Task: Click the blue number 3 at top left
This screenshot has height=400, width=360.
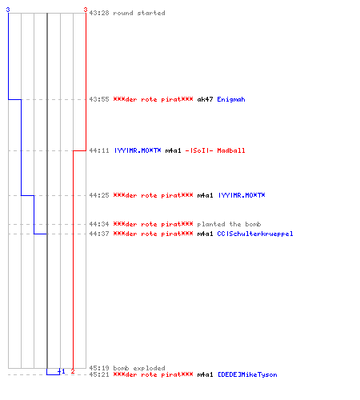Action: [8, 10]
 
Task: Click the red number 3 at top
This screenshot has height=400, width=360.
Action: [86, 10]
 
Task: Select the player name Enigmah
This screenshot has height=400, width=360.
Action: [231, 99]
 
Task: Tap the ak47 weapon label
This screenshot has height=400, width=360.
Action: [205, 99]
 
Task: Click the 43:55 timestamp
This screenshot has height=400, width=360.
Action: [99, 99]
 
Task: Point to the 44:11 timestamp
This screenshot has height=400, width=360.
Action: [99, 150]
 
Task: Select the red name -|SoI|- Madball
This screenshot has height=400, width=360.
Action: [215, 150]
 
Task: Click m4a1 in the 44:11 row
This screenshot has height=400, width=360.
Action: [173, 150]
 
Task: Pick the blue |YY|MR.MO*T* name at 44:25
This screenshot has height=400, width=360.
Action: [242, 195]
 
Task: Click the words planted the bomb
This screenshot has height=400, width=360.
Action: [229, 224]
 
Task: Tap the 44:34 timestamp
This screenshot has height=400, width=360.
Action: [99, 224]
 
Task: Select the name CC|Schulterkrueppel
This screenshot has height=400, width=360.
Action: [255, 234]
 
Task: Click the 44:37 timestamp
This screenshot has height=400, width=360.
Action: [99, 234]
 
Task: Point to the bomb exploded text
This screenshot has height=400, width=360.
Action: [139, 368]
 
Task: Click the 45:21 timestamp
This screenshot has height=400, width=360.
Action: [99, 374]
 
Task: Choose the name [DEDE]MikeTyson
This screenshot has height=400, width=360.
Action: [247, 374]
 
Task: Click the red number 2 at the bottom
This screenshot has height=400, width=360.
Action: [73, 371]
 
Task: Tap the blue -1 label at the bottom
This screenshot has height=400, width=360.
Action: [62, 371]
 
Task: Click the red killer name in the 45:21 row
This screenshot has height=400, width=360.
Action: [153, 374]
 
